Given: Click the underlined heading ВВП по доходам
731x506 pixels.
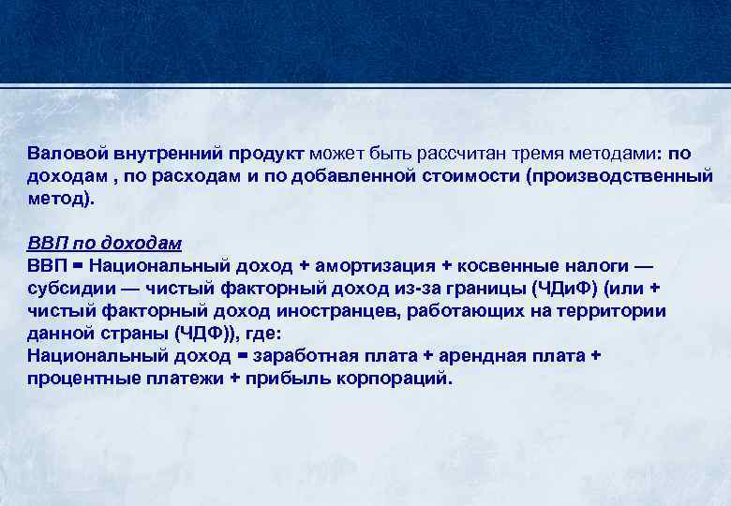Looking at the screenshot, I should click(104, 243).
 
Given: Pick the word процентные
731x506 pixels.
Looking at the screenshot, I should click(79, 379).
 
